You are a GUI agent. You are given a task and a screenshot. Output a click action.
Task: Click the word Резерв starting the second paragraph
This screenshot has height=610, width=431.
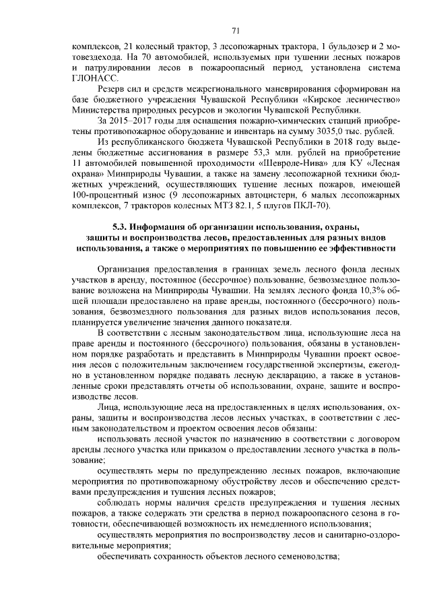coord(112,89)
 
